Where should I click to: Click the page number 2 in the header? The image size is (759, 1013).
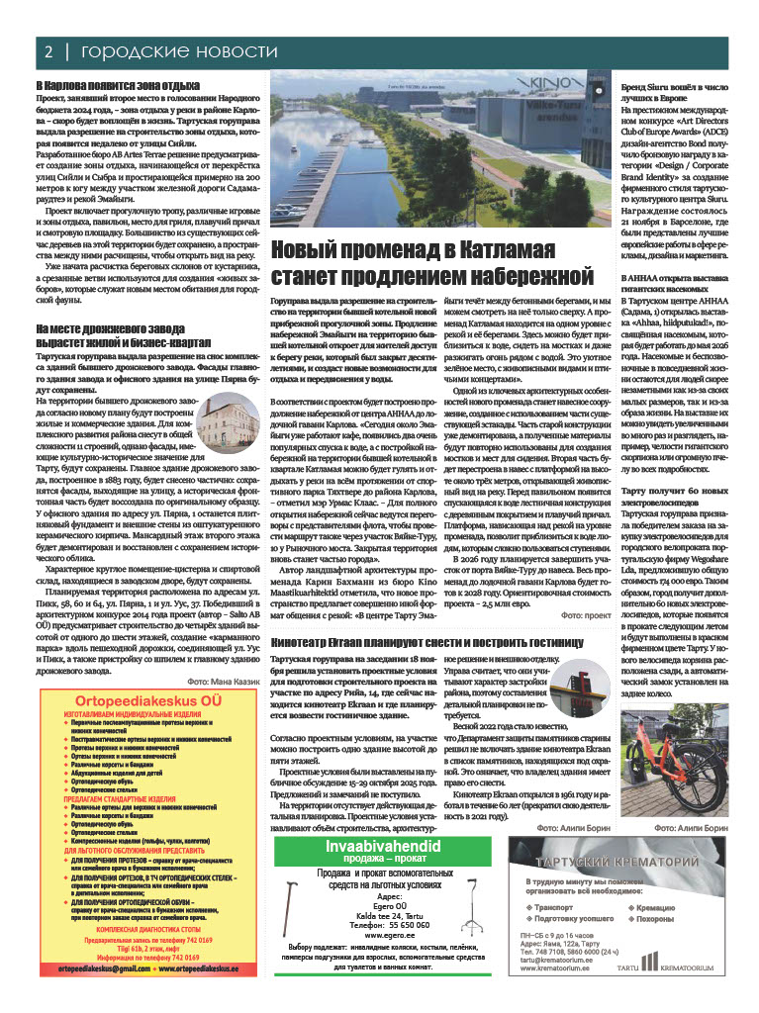coord(46,50)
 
